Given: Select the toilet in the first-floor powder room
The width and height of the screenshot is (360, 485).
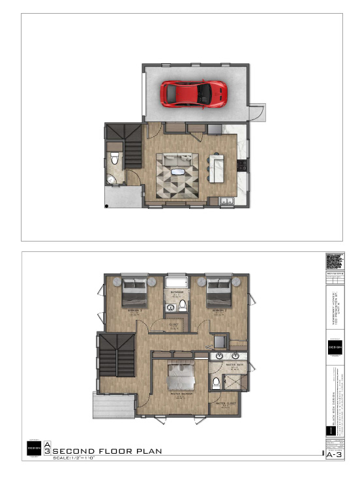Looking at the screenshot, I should [x=114, y=159].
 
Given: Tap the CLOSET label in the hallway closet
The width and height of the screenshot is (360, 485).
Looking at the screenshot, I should [x=174, y=324].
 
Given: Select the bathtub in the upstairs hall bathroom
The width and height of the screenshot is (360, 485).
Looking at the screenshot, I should [x=175, y=282].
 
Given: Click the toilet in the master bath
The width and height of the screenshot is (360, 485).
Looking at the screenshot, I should [x=216, y=383].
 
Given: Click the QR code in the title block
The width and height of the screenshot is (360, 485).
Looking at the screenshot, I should [x=333, y=262].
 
